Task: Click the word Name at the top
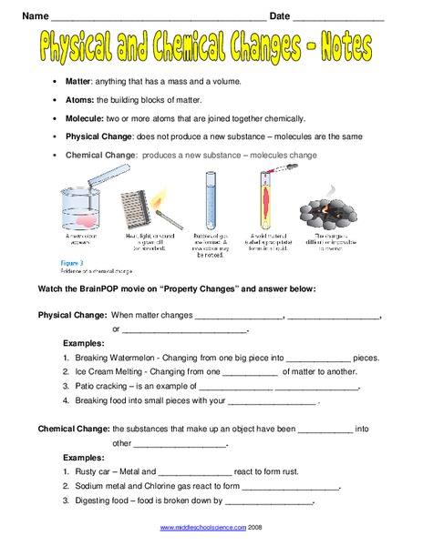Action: coord(32,15)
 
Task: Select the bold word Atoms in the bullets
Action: coord(77,101)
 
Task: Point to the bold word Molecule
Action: coord(84,118)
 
